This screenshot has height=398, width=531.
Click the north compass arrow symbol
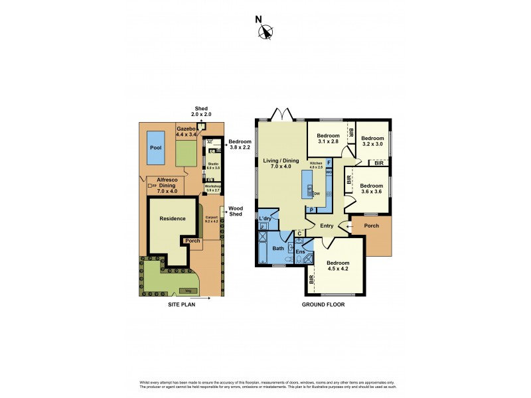pyautogui.click(x=267, y=31)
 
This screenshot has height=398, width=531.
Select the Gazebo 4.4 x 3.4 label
pyautogui.click(x=187, y=131)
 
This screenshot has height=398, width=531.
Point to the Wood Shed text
pyautogui.click(x=236, y=212)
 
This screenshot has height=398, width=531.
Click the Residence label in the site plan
pyautogui.click(x=172, y=218)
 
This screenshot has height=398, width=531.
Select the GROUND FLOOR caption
pyautogui.click(x=323, y=304)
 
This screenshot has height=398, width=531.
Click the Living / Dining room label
pyautogui.click(x=281, y=164)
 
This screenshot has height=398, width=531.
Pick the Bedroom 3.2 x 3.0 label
pyautogui.click(x=372, y=141)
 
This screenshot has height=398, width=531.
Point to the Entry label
pyautogui.click(x=327, y=226)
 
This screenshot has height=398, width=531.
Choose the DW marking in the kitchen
pyautogui.click(x=318, y=194)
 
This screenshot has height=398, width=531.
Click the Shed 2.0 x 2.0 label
pyautogui.click(x=201, y=112)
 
